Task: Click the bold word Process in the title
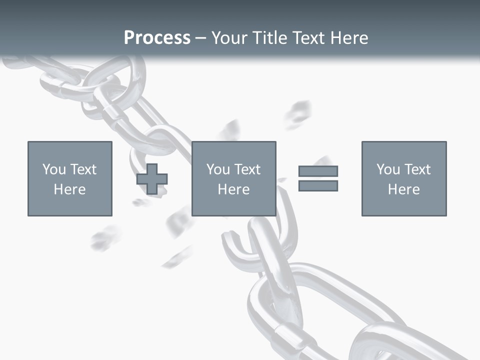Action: coord(157,37)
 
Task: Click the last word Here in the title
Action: coord(349,37)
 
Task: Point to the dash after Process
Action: coord(200,38)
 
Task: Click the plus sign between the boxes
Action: coord(152,179)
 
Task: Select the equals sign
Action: coord(318,178)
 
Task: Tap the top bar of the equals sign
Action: coord(318,171)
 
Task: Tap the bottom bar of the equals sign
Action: coord(318,185)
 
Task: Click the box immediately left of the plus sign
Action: coord(70,178)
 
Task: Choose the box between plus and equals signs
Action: coord(233,178)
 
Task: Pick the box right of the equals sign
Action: coord(403,178)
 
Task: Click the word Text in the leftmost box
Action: coord(83,169)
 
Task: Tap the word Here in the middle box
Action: coord(233,189)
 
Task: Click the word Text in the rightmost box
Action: coord(417,169)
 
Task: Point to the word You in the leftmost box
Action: coord(53,169)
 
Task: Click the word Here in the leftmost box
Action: coord(69,189)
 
